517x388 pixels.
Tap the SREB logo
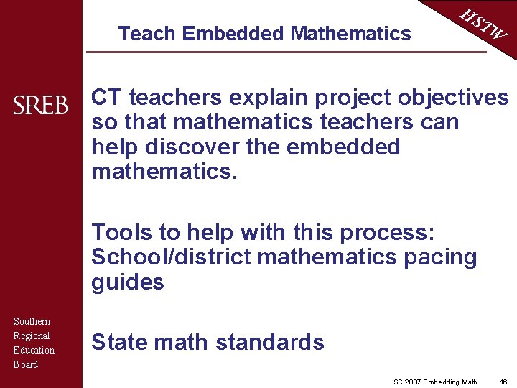pos(41,106)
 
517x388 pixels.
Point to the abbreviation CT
pos(106,97)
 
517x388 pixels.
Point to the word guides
pos(127,282)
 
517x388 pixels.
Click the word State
pos(118,342)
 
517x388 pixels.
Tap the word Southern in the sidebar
pos(32,321)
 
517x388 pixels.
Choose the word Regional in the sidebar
pos(32,336)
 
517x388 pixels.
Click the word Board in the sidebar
pos(26,364)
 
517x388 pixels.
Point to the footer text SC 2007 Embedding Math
pos(435,382)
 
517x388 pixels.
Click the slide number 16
pos(503,382)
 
